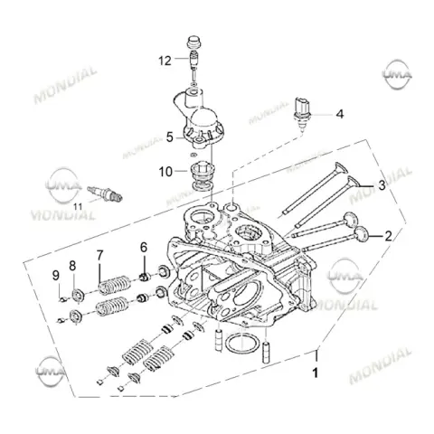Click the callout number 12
[x=165, y=61]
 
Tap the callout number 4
[x=340, y=114]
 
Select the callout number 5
[x=170, y=137]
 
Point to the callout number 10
[x=165, y=172]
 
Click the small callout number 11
[x=78, y=207]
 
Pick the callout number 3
[x=382, y=185]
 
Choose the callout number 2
[x=389, y=236]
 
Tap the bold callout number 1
[x=316, y=373]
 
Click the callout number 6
[x=144, y=248]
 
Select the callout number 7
[x=99, y=255]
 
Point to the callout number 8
[x=72, y=266]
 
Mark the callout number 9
[x=56, y=276]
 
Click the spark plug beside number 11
[x=105, y=193]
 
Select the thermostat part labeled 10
[x=203, y=176]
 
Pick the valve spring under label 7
[x=115, y=285]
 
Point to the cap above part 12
[x=194, y=42]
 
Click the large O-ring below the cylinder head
[x=242, y=344]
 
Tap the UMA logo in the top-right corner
[x=397, y=74]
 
